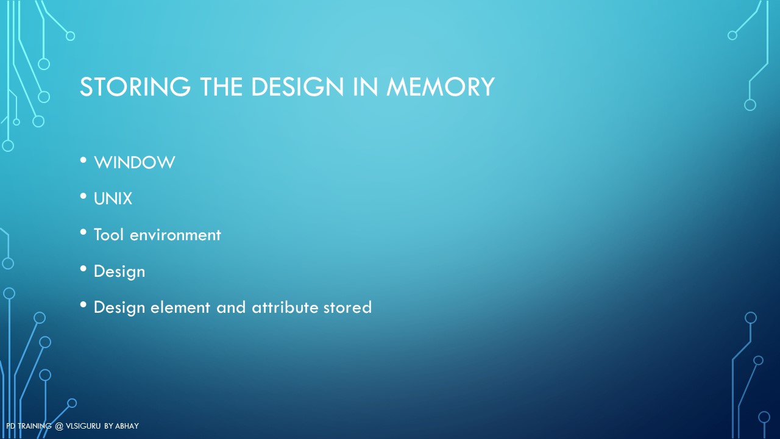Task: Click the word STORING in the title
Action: pyautogui.click(x=135, y=87)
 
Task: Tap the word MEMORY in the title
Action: pyautogui.click(x=441, y=87)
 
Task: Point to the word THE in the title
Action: pyautogui.click(x=221, y=87)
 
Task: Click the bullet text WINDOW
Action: pyautogui.click(x=135, y=162)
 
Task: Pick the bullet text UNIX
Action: pyautogui.click(x=113, y=199)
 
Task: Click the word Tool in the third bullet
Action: pyautogui.click(x=108, y=235)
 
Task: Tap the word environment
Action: pyautogui.click(x=175, y=235)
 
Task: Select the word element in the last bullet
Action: pyautogui.click(x=181, y=307)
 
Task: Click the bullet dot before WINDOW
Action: pyautogui.click(x=83, y=160)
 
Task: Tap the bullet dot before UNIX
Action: pyautogui.click(x=83, y=196)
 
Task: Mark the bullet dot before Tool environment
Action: pyautogui.click(x=83, y=232)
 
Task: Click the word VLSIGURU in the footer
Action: pyautogui.click(x=83, y=426)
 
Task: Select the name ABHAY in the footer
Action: pyautogui.click(x=127, y=426)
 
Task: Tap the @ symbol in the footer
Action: pyautogui.click(x=59, y=426)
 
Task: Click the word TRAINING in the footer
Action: pyautogui.click(x=35, y=426)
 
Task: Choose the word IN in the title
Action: pyautogui.click(x=365, y=87)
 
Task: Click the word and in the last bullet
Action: pyautogui.click(x=231, y=307)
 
